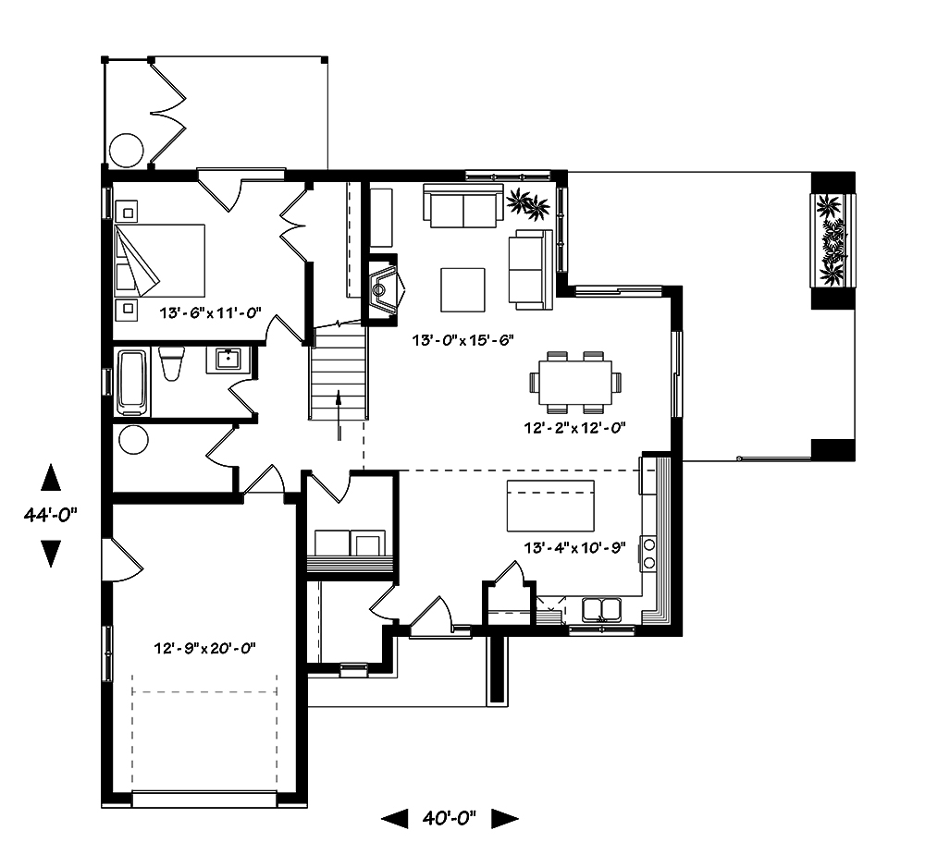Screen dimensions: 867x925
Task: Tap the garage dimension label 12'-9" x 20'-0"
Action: [x=204, y=648]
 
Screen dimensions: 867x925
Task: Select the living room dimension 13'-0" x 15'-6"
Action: [x=463, y=340]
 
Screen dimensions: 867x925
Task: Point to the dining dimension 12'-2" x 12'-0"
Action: [x=574, y=428]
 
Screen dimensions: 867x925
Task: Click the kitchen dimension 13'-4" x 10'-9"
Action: [x=574, y=546]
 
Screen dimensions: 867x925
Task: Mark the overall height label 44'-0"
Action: [x=51, y=516]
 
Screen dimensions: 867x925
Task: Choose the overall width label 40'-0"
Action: [x=450, y=818]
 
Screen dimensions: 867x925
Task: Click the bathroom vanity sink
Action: [x=228, y=359]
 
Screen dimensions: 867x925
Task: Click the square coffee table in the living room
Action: [x=462, y=289]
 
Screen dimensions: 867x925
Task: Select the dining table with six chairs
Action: [x=574, y=381]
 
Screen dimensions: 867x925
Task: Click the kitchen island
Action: [x=550, y=506]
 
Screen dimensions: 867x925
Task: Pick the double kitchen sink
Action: [x=601, y=609]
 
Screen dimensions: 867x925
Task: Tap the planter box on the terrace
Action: [x=832, y=240]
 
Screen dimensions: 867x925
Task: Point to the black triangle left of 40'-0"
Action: [x=394, y=818]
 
